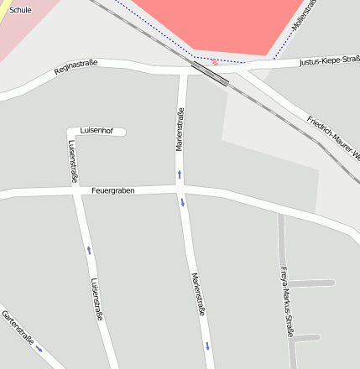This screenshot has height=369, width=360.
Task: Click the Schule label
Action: [19, 10]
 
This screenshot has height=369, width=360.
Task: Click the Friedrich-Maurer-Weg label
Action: [334, 139]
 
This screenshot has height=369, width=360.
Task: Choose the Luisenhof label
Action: [97, 130]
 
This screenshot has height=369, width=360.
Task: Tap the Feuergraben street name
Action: [113, 190]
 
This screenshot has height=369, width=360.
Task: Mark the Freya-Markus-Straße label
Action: [286, 302]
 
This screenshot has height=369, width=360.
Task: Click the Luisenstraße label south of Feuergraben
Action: [97, 299]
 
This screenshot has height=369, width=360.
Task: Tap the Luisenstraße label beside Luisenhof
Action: [73, 162]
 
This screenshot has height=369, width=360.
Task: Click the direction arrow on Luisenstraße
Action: [89, 249]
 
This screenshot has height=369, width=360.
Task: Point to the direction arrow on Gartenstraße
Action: [39, 348]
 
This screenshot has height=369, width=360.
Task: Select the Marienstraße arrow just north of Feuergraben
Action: [179, 174]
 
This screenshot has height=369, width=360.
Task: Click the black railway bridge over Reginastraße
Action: [209, 73]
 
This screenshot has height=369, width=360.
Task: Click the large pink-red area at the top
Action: [218, 23]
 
